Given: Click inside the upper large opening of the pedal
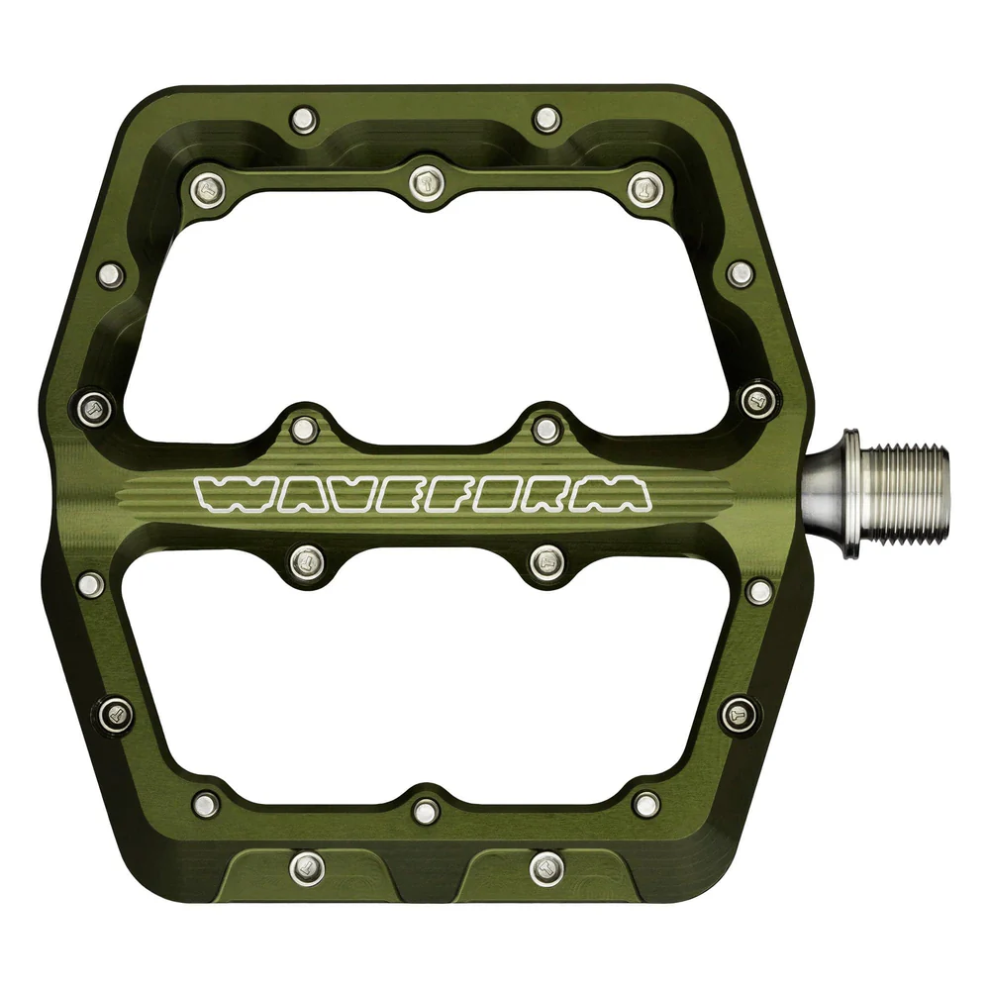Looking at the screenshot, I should click(x=436, y=307).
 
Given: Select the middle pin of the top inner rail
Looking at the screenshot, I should click(x=427, y=182).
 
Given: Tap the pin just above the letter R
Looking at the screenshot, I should click(x=545, y=429).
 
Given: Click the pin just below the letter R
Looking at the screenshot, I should click(x=545, y=562).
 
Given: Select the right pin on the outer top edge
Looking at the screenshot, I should click(x=545, y=120).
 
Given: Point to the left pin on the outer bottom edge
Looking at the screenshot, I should click(x=308, y=868).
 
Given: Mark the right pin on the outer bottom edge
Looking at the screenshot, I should click(x=545, y=868).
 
